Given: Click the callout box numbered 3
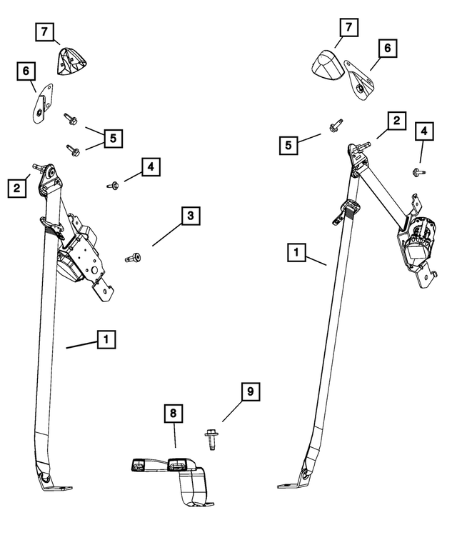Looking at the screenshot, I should pos(190,216).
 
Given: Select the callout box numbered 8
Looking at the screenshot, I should pos(173,412).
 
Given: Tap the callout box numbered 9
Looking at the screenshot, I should pos(250,391).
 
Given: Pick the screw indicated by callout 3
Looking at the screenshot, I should pos(134,257).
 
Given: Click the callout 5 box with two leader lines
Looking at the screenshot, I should pos(113,137).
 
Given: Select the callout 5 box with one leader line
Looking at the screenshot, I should pos(289,145).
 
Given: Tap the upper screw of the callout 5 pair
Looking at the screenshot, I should pos(71,119).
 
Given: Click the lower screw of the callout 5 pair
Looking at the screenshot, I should pos(73,149).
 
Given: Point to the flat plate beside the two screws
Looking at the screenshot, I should pos(42,103).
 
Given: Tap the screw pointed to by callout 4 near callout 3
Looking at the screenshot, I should pos(114,186).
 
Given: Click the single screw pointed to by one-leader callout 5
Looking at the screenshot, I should pos(334,127).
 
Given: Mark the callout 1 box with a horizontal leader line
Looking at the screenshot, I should pos(106,339).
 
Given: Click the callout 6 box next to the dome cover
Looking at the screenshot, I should pos(388,49).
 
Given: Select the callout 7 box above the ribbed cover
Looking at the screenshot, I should pos(44,32).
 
